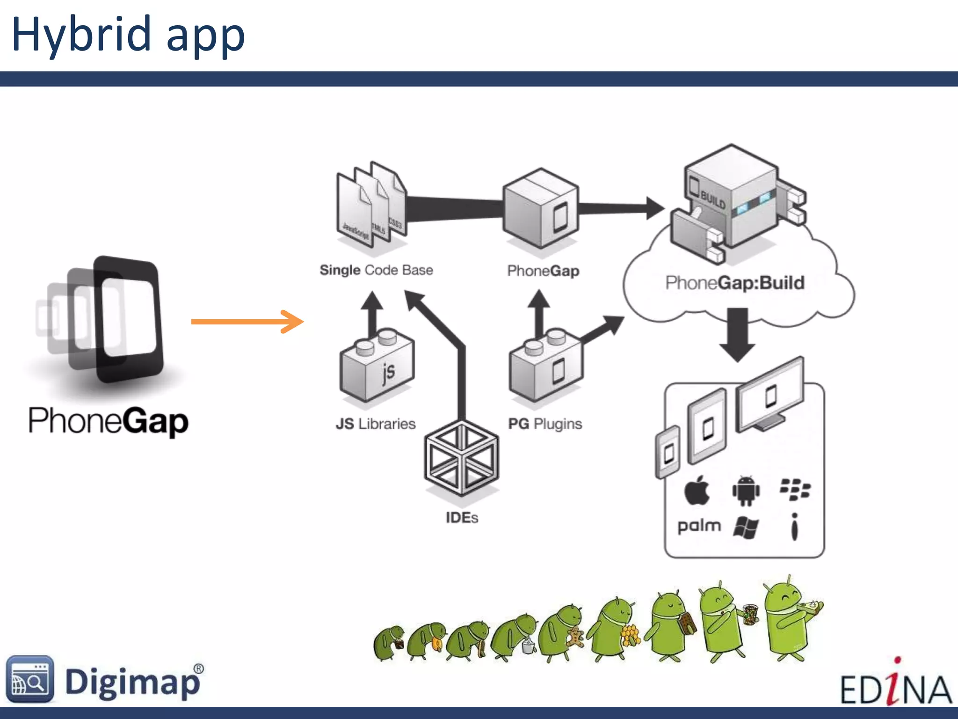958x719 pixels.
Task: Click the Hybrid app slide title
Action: [x=128, y=35]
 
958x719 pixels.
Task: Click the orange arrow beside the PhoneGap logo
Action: [x=247, y=321]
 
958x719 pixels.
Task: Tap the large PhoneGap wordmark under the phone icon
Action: [x=109, y=421]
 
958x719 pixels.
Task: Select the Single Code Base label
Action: [x=376, y=270]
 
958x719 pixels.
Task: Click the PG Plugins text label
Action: [x=545, y=424]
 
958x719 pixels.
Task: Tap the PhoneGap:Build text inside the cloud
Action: [x=735, y=283]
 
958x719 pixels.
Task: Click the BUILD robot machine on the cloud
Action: [x=734, y=201]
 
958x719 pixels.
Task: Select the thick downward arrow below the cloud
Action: [x=737, y=334]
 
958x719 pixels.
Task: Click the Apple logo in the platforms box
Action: [x=697, y=491]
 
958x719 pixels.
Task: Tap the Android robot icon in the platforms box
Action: [x=746, y=491]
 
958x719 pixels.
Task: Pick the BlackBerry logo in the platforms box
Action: [x=795, y=490]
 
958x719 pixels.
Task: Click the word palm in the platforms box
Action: [x=699, y=526]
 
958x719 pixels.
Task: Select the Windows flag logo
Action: [x=746, y=528]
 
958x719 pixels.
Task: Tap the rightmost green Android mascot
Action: [x=791, y=618]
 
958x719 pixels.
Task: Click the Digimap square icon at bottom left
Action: [x=30, y=679]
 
